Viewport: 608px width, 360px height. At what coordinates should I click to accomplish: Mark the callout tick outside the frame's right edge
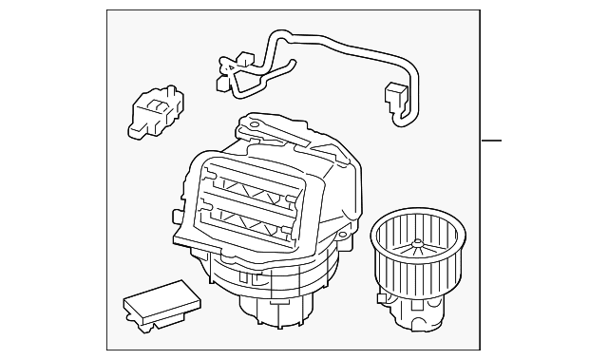tap(490, 142)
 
